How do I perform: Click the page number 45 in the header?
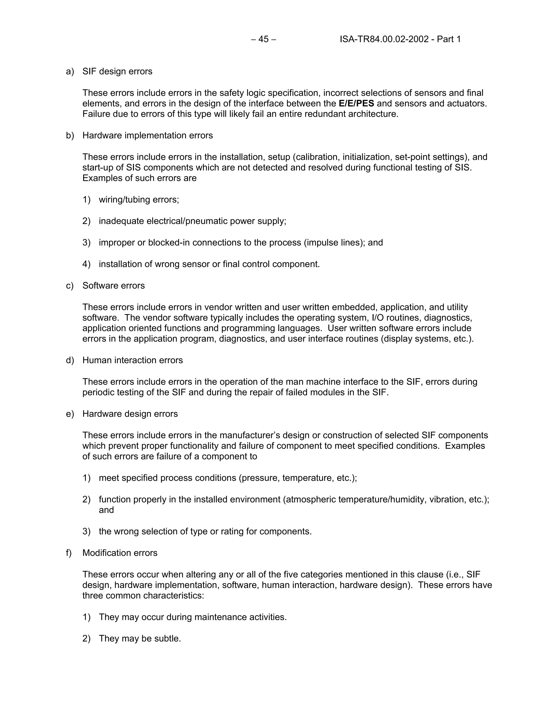263,39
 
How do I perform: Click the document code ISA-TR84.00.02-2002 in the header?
384,39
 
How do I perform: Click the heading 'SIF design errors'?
117,71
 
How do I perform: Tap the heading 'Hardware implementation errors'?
147,135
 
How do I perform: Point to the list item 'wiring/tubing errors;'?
139,199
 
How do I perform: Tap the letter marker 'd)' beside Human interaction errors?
70,360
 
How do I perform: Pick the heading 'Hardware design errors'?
130,414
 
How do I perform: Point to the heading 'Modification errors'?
120,553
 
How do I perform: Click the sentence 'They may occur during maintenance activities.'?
192,617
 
